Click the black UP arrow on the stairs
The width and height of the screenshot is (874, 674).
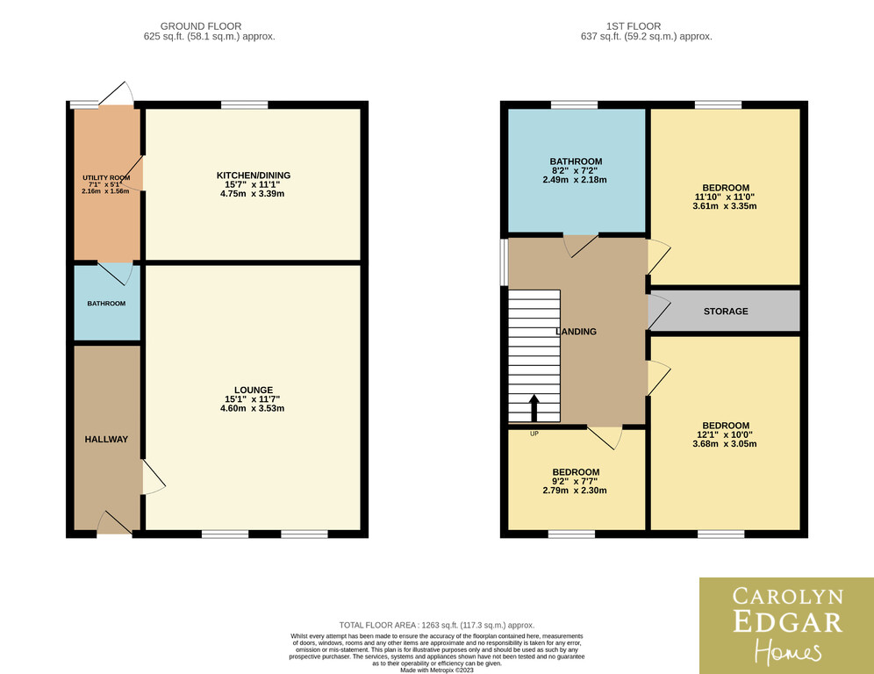(x=534, y=407)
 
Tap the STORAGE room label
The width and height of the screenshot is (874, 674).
(x=726, y=311)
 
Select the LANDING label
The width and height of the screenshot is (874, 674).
(x=576, y=331)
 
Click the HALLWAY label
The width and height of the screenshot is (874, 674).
(x=106, y=440)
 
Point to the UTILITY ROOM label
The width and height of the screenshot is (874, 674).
(x=106, y=178)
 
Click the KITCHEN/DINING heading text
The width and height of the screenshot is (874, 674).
(x=254, y=175)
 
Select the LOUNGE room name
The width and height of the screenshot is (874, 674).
(x=254, y=391)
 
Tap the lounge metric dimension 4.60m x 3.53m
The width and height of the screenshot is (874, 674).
(x=253, y=408)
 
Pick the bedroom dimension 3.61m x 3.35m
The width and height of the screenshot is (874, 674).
(x=725, y=205)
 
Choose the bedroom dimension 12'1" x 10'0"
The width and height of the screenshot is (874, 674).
(x=725, y=434)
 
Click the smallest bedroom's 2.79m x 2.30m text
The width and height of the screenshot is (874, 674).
(x=575, y=491)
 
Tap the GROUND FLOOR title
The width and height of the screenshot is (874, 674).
(x=201, y=26)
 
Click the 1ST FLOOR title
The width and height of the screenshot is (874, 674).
(x=634, y=26)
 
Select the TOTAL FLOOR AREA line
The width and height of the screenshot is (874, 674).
(x=437, y=626)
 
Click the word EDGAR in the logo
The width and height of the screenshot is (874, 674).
(x=788, y=622)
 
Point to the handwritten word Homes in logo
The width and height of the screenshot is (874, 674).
(x=788, y=652)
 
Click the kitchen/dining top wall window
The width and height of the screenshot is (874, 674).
(x=244, y=104)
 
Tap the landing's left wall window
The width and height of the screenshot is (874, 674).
(x=504, y=262)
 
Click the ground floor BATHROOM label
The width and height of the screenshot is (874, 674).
(x=106, y=304)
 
